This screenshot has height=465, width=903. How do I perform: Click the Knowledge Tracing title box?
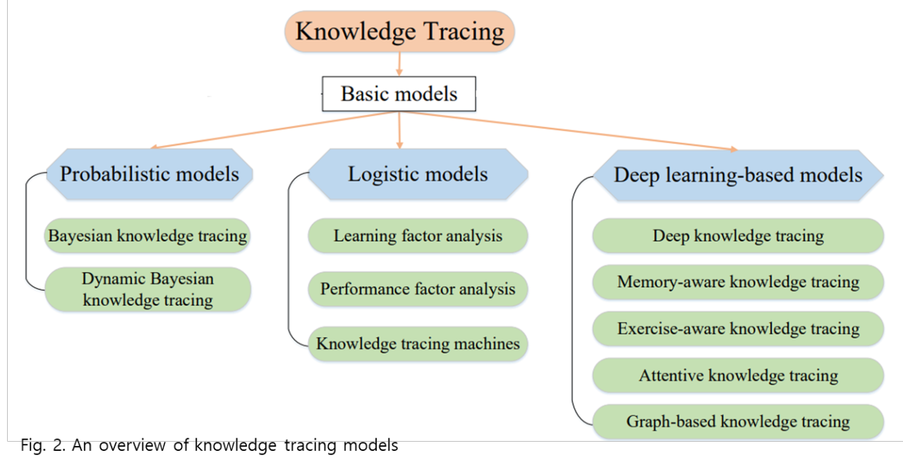coord(399,32)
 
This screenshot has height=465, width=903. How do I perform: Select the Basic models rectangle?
coord(399,94)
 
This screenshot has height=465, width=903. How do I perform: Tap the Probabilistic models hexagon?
coord(149,174)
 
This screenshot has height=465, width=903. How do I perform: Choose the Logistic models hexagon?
coord(418,174)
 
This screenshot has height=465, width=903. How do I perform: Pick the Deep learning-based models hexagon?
coord(738,175)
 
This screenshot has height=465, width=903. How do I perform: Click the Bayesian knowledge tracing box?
coord(147,236)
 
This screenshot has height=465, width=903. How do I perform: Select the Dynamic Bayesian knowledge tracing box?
coord(147,289)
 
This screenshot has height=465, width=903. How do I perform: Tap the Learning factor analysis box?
coord(418,236)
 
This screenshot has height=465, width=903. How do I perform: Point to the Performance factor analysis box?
coord(418,289)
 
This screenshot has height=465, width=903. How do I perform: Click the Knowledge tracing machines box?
coord(418,344)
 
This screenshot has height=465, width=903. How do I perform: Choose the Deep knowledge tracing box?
coord(738,236)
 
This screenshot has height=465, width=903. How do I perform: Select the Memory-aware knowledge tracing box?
coord(738,282)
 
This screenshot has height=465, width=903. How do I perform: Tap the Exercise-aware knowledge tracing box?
coord(738,329)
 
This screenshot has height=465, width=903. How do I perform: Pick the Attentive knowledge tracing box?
coord(738,375)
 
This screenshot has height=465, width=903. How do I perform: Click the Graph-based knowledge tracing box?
coord(738,422)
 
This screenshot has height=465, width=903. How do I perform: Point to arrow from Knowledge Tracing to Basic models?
coord(399,64)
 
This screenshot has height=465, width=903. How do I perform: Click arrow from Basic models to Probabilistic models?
coord(275,130)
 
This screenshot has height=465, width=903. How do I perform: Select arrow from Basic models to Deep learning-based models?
coord(571,131)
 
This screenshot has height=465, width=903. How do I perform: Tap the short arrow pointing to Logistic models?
coord(400,130)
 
